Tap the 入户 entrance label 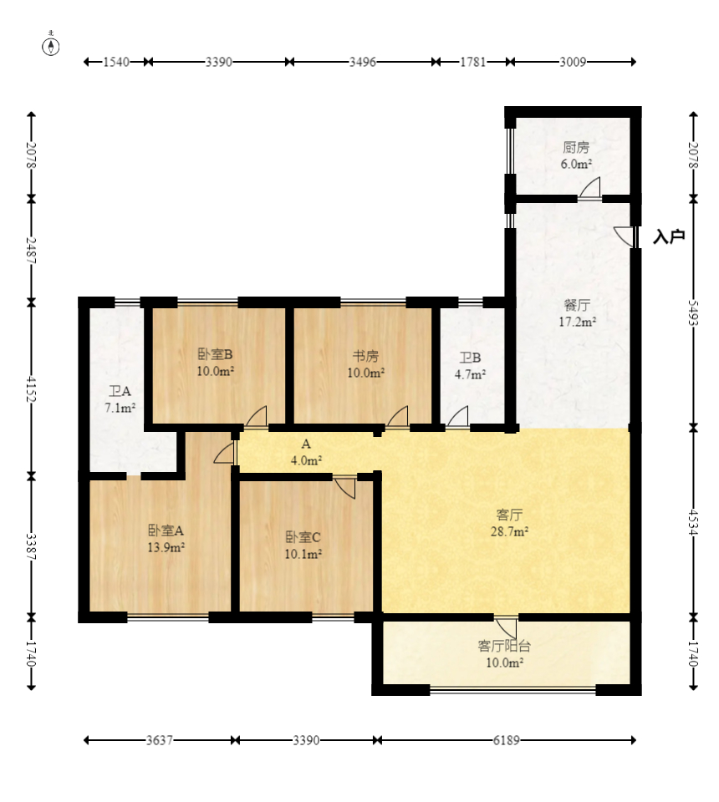669,236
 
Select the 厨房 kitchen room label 576,147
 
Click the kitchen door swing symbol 590,187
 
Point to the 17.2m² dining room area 577,322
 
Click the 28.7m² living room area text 510,531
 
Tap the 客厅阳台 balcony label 504,646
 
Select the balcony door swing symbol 506,628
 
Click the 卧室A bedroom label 166,530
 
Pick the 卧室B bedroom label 216,354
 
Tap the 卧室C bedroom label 303,537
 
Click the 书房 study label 365,356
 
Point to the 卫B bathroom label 470,358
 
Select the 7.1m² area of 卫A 120,409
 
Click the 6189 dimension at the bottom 506,740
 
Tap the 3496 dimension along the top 362,62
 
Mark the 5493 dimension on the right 693,312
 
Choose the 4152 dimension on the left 32,390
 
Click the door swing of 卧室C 344,487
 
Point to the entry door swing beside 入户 624,236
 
